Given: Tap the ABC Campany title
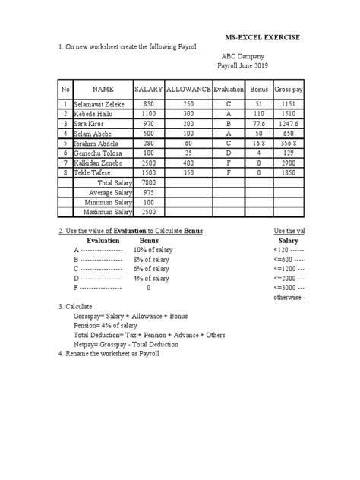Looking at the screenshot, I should pyautogui.click(x=238, y=56).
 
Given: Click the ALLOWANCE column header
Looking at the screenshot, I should pyautogui.click(x=188, y=90).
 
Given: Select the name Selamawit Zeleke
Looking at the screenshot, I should pyautogui.click(x=99, y=103).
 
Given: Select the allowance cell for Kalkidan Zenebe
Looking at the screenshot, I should pyautogui.click(x=188, y=163).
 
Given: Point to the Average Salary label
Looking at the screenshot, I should pyautogui.click(x=111, y=192).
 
